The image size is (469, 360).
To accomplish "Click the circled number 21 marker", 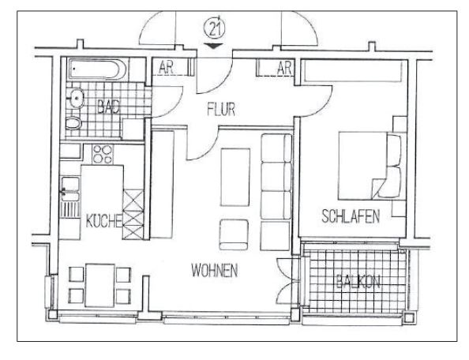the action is [x=214, y=29].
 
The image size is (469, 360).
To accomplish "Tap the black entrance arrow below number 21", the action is [x=214, y=46].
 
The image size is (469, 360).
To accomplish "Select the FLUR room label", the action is [x=221, y=110].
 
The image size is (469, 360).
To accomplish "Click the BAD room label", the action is [x=109, y=107].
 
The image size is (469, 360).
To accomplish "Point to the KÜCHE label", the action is [x=103, y=221].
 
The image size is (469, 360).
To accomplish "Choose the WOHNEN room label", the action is [x=215, y=270].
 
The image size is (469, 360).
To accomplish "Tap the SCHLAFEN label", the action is [x=351, y=216].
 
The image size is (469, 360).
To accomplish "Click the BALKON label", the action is [x=358, y=281].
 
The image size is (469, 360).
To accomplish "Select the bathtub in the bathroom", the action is [x=97, y=69].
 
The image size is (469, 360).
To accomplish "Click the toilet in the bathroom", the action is [x=73, y=122].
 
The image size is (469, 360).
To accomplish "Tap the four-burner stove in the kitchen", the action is [x=103, y=154].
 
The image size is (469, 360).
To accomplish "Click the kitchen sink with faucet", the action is [x=70, y=189].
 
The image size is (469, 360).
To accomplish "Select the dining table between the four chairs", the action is [x=100, y=285].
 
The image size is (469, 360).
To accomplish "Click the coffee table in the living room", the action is [x=235, y=178].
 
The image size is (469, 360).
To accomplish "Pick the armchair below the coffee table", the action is [x=234, y=234].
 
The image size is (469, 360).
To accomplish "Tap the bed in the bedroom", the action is [x=370, y=166].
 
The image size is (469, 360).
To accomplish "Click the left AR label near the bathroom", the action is [x=166, y=68].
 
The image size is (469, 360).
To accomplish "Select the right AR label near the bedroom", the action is [x=284, y=68].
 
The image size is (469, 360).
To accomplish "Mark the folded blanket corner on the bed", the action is [x=377, y=188].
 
